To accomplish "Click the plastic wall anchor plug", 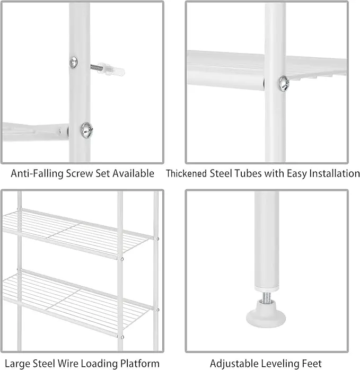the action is (111, 69).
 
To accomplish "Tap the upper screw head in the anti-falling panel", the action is (74, 63).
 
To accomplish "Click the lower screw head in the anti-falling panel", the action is (86, 130).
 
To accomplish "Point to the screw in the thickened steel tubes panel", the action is (284, 84).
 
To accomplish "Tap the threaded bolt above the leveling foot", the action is (266, 296).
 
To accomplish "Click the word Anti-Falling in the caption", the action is (37, 173).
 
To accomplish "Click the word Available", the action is (133, 173).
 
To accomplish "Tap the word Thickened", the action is (187, 173).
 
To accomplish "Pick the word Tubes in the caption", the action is (250, 173).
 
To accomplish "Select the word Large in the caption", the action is (17, 364).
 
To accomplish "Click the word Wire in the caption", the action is (68, 364).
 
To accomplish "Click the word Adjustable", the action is (235, 364).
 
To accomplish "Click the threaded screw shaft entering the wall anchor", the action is (95, 67).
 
